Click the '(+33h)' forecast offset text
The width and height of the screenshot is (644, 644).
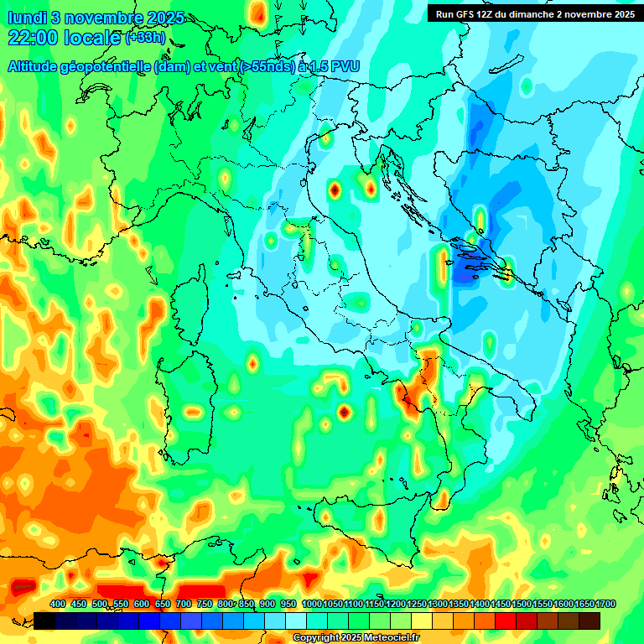tap(146, 38)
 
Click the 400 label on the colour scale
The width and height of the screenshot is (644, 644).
tap(58, 604)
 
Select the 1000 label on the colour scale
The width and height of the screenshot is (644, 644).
tap(311, 604)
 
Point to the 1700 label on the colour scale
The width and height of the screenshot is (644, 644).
tap(584, 604)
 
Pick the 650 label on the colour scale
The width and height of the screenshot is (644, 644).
tap(163, 604)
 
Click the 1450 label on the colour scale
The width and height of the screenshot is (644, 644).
tap(501, 604)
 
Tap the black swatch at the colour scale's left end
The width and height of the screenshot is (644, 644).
tap(44, 621)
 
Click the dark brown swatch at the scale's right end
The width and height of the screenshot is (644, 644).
tap(589, 621)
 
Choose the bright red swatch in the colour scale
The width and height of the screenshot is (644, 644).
tap(506, 621)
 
